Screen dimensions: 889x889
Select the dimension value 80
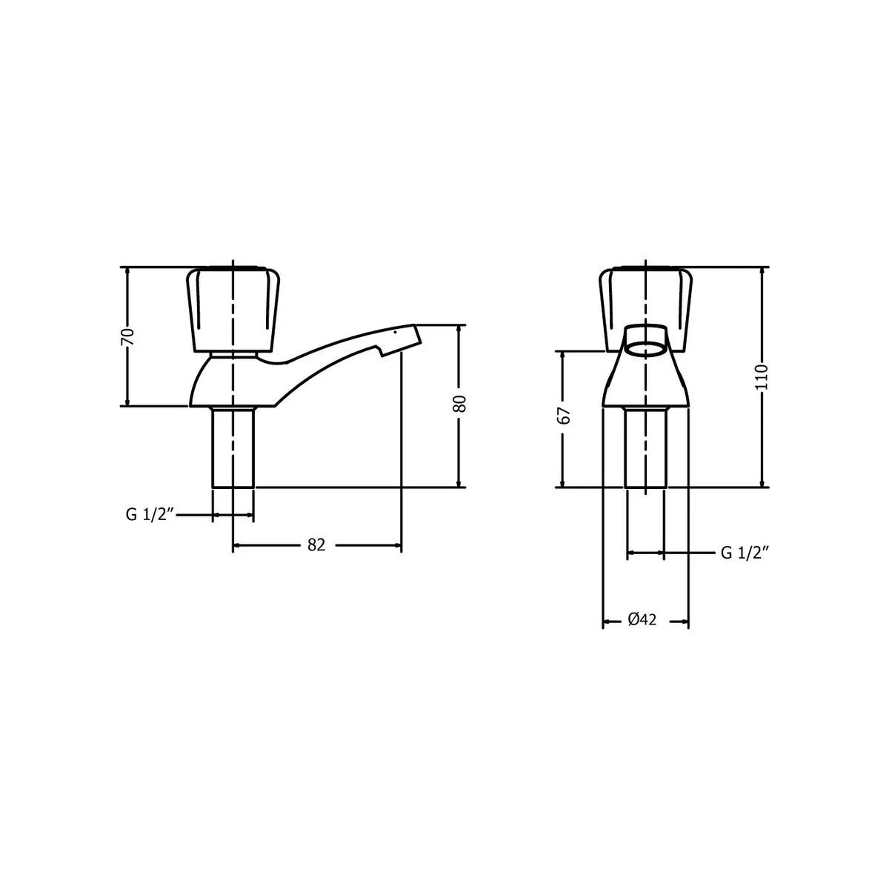(x=460, y=404)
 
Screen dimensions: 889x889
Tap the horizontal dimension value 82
(x=316, y=545)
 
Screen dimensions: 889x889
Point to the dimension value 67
(x=564, y=416)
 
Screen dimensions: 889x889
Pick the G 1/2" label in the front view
(x=745, y=553)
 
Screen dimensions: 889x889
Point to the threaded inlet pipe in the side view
(x=233, y=448)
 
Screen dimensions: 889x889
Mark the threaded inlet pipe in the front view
(x=645, y=448)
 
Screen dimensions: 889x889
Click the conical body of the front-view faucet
(x=645, y=382)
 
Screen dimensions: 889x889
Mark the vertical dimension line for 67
(x=564, y=459)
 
